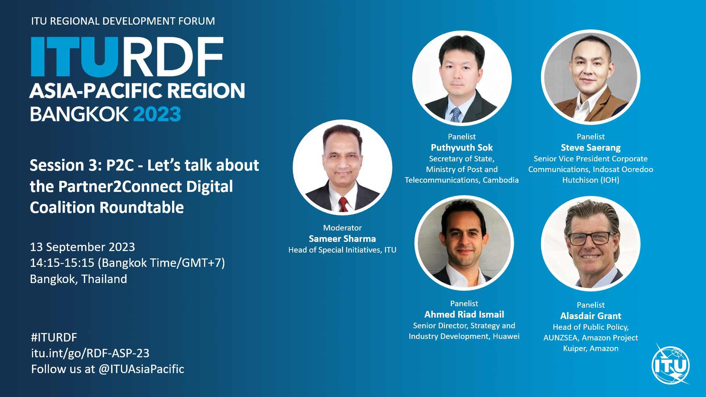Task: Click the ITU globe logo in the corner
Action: (671, 365)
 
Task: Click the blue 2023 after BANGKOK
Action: (157, 114)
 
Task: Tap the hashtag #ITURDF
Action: (54, 337)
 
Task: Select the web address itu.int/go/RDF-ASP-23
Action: (90, 353)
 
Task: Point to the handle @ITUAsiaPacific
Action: (141, 369)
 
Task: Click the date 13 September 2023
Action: (82, 247)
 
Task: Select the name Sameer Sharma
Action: (342, 239)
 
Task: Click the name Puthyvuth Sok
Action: (462, 148)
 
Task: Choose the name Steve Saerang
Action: (591, 148)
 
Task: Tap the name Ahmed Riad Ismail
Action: (464, 315)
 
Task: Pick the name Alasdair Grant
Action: (591, 316)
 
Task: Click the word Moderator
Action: (342, 228)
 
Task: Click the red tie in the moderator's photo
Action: (343, 204)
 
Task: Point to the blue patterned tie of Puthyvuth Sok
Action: (456, 115)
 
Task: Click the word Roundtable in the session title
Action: (142, 208)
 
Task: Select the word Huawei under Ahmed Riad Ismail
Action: (506, 336)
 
